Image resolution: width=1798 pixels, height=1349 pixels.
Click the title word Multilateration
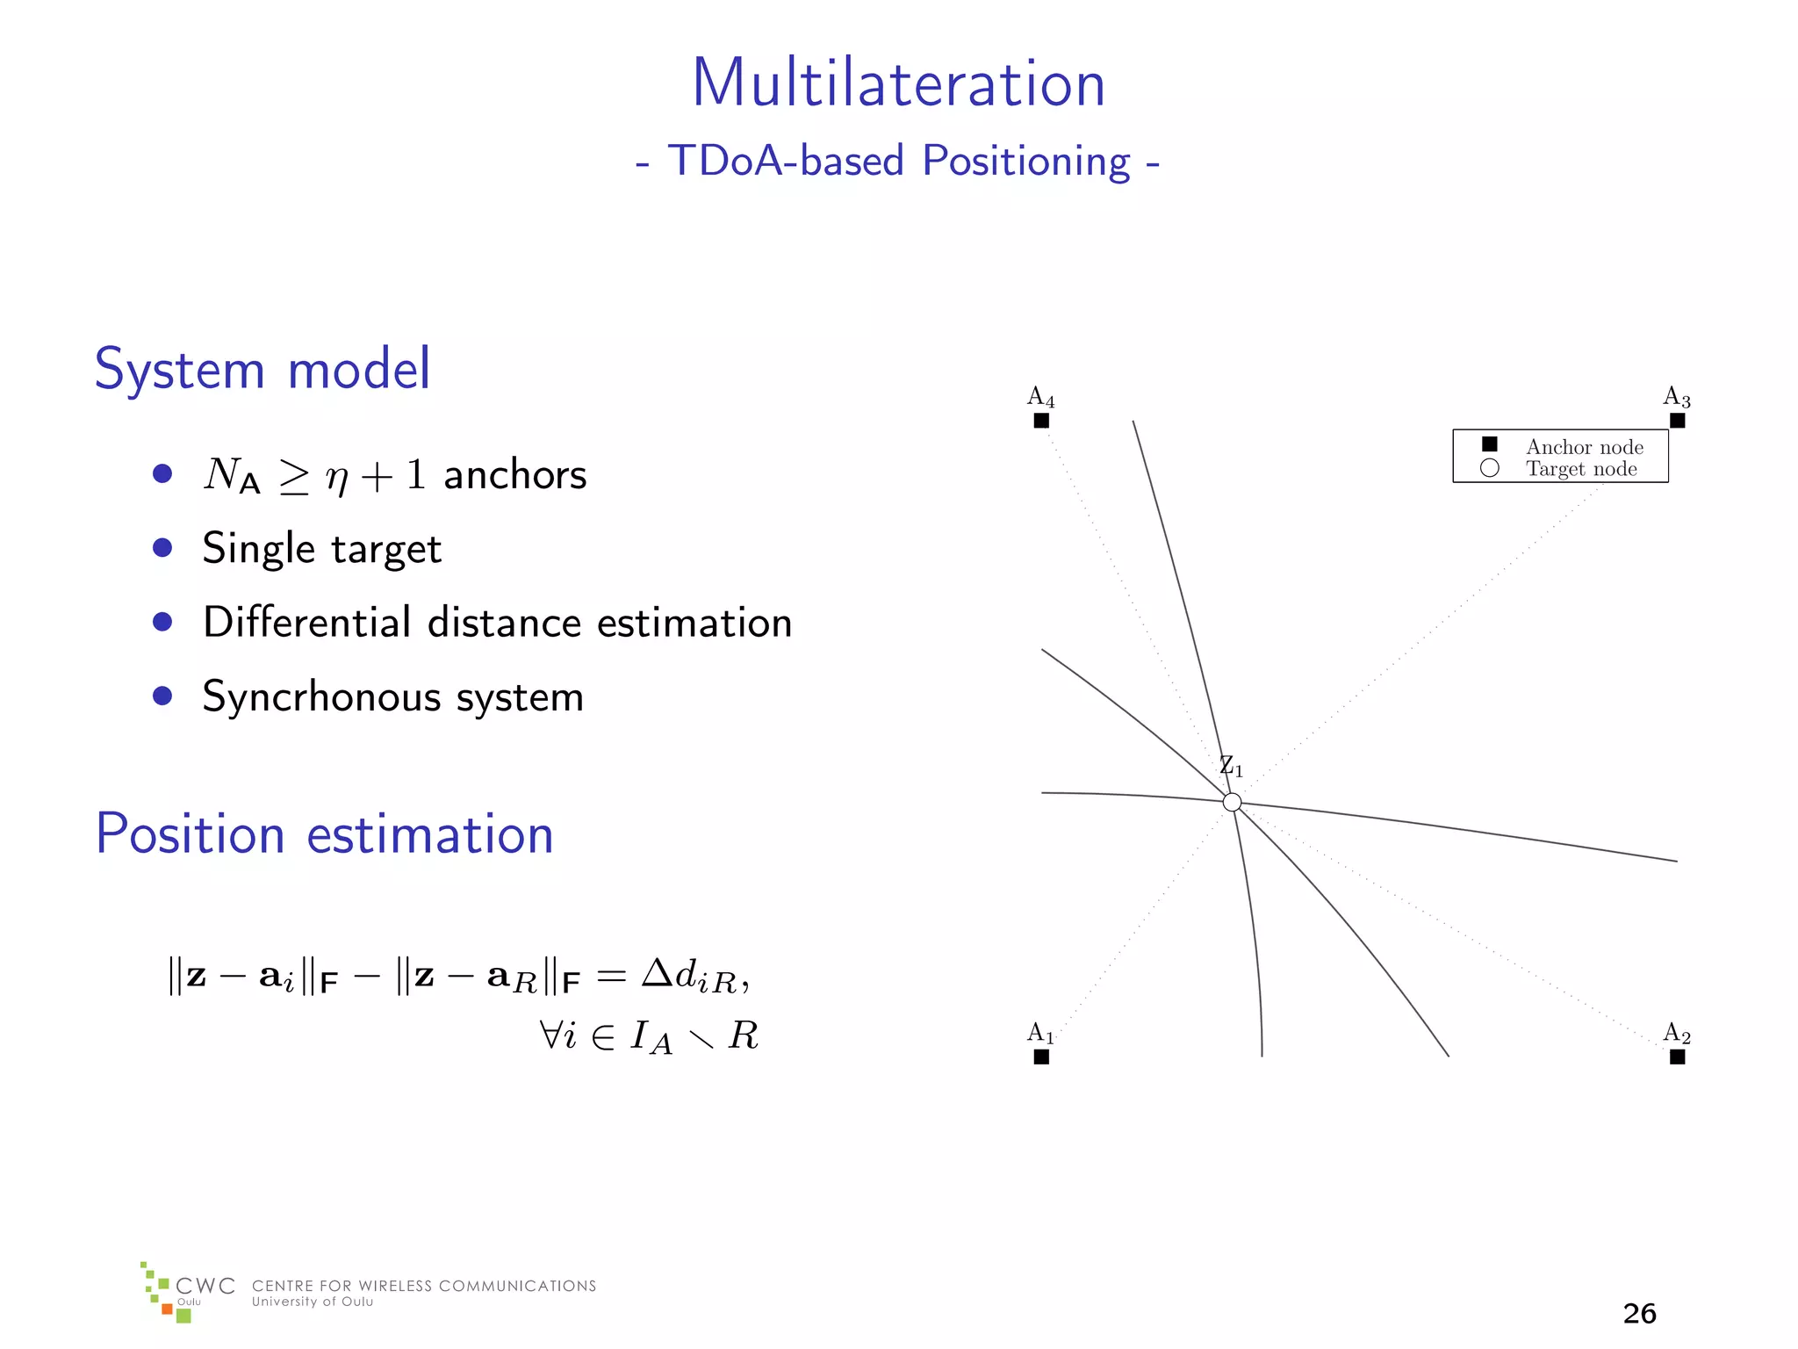[x=898, y=83]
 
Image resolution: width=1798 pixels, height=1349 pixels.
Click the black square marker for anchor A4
[x=1041, y=421]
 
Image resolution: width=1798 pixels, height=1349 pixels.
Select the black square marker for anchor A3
[x=1677, y=421]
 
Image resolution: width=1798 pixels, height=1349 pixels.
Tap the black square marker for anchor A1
[x=1041, y=1057]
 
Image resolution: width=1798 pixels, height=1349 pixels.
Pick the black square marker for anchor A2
[x=1677, y=1057]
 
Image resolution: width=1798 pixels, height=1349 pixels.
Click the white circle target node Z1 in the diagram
[x=1232, y=802]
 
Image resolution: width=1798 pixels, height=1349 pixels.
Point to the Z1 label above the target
[x=1231, y=767]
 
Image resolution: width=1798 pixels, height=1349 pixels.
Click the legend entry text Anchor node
[x=1584, y=447]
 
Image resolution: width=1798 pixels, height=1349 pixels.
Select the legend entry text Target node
[x=1581, y=469]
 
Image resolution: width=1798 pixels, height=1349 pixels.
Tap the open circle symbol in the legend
[x=1489, y=468]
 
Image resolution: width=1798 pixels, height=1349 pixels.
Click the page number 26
[x=1639, y=1313]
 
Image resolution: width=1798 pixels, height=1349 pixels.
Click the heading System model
[x=262, y=369]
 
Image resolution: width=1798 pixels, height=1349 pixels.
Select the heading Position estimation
[x=324, y=833]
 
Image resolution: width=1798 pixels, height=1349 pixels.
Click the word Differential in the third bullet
[x=307, y=623]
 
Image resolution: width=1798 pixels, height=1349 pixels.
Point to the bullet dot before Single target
[x=162, y=548]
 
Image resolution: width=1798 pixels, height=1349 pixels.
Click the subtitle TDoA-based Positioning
[x=898, y=161]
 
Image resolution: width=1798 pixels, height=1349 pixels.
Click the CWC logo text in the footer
[x=205, y=1287]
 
